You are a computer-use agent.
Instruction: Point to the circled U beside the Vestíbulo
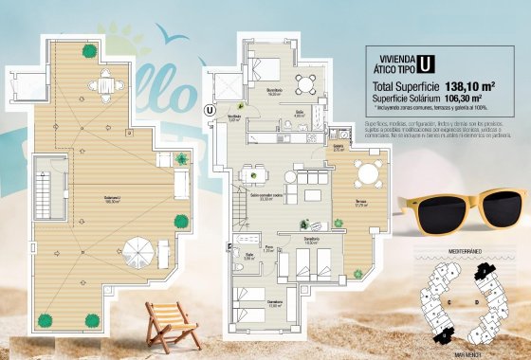tap(209, 109)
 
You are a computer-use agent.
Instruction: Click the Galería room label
tap(339, 148)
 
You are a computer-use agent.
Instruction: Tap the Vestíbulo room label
tap(234, 117)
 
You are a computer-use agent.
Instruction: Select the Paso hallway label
tap(269, 249)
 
